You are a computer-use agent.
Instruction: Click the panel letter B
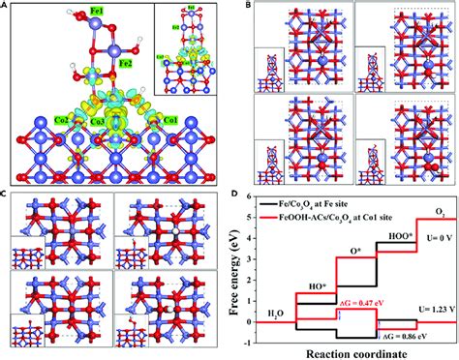point(247,7)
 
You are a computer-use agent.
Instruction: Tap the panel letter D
point(249,194)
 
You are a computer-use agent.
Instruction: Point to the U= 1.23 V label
point(434,309)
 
